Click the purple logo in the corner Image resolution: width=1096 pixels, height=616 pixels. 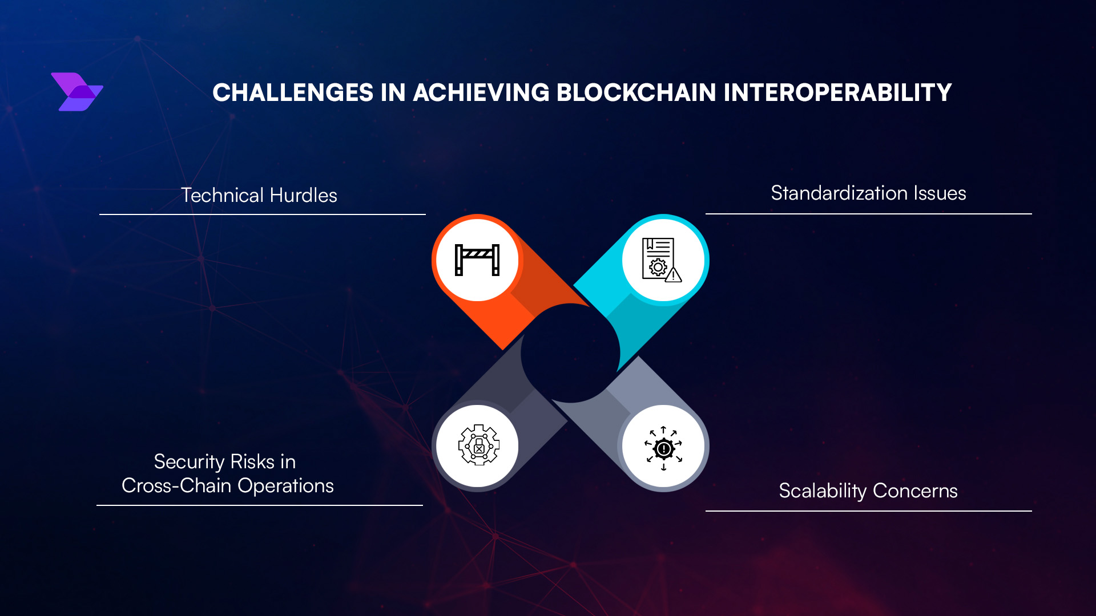click(76, 92)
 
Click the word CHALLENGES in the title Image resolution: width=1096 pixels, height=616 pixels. click(293, 93)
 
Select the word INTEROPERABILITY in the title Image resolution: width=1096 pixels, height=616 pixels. click(837, 93)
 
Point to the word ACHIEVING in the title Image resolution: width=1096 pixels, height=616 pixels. click(481, 93)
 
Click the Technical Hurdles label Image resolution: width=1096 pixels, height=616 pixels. click(259, 196)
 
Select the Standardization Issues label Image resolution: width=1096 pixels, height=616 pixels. click(868, 193)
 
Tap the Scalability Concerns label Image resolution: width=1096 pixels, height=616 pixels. click(868, 491)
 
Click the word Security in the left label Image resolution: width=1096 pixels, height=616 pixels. click(189, 462)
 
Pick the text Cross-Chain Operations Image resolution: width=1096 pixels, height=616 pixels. click(227, 486)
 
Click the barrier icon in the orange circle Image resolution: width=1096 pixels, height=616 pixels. click(477, 260)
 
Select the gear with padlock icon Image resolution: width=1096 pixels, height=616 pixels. click(478, 445)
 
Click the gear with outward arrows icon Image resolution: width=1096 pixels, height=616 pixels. click(663, 448)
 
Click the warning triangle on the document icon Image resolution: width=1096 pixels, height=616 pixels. click(674, 275)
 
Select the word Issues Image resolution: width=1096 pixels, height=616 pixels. click(940, 193)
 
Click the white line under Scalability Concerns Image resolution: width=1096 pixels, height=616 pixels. click(868, 511)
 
